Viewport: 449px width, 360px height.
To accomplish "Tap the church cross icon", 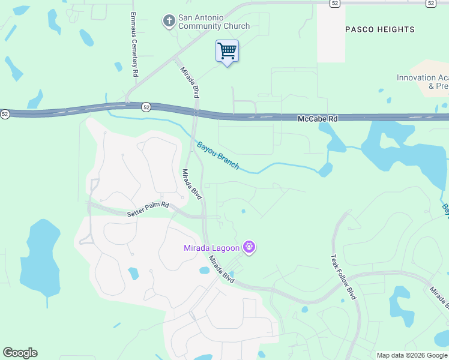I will (x=169, y=21).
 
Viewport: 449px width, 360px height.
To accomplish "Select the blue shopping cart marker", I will (x=227, y=51).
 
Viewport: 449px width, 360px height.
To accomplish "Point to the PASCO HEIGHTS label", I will (x=380, y=29).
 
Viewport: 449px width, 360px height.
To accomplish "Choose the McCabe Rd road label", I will (x=318, y=119).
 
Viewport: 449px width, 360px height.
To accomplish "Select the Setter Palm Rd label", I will (x=148, y=209).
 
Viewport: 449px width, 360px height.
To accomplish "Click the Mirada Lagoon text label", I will (x=212, y=248).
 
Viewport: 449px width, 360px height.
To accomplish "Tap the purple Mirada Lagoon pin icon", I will (x=250, y=247).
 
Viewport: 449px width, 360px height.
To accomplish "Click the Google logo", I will (x=20, y=353).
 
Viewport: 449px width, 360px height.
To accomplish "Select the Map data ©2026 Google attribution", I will (x=412, y=355).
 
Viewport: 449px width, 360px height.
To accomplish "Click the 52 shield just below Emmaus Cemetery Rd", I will (x=146, y=107).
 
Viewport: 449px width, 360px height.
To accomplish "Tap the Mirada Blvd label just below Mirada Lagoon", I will (x=220, y=270).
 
